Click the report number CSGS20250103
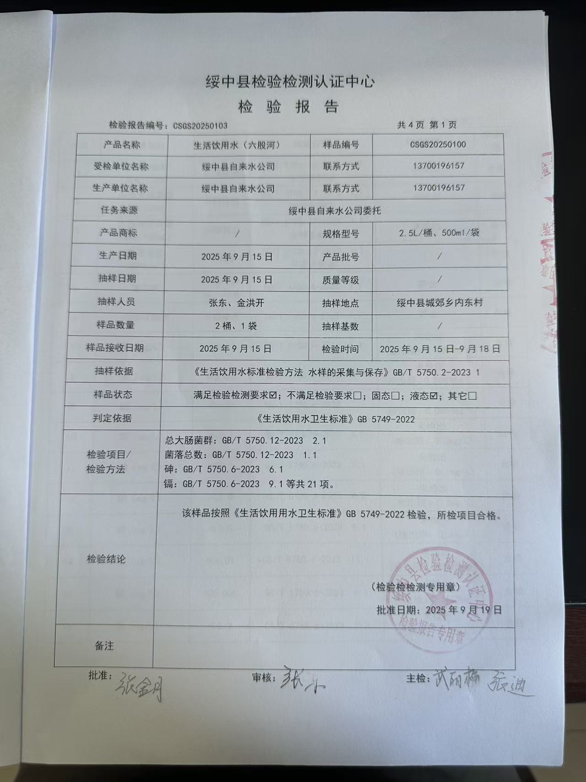tap(200, 126)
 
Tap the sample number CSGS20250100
tap(438, 145)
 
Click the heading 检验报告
tap(288, 107)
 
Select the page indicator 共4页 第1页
tap(427, 125)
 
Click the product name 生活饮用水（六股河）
tap(237, 145)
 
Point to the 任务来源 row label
tap(119, 210)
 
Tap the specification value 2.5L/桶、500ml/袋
tap(439, 233)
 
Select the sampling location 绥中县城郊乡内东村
tap(439, 303)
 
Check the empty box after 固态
tap(395, 396)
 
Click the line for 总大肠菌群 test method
tap(245, 441)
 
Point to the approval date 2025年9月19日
tap(463, 610)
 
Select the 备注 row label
tap(104, 646)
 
